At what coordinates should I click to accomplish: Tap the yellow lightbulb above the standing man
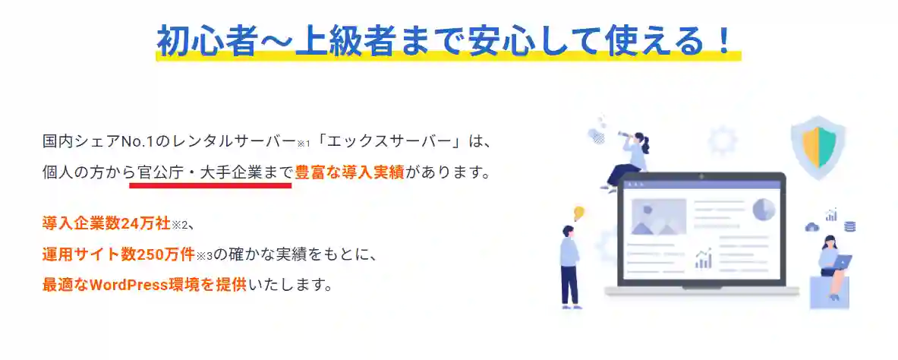point(578,213)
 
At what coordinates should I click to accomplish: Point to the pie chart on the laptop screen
point(763,209)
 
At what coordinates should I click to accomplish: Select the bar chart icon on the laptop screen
point(704,259)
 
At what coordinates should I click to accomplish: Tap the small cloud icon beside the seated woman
point(811,227)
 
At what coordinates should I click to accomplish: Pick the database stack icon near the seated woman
point(850,226)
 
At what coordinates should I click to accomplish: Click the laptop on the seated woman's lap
point(841,261)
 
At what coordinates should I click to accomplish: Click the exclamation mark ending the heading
point(726,40)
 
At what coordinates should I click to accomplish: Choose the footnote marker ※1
point(304,144)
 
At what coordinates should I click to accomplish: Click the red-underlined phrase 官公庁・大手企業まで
point(211,172)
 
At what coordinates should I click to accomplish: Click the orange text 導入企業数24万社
point(107,224)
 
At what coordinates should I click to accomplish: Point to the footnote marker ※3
point(203,255)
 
